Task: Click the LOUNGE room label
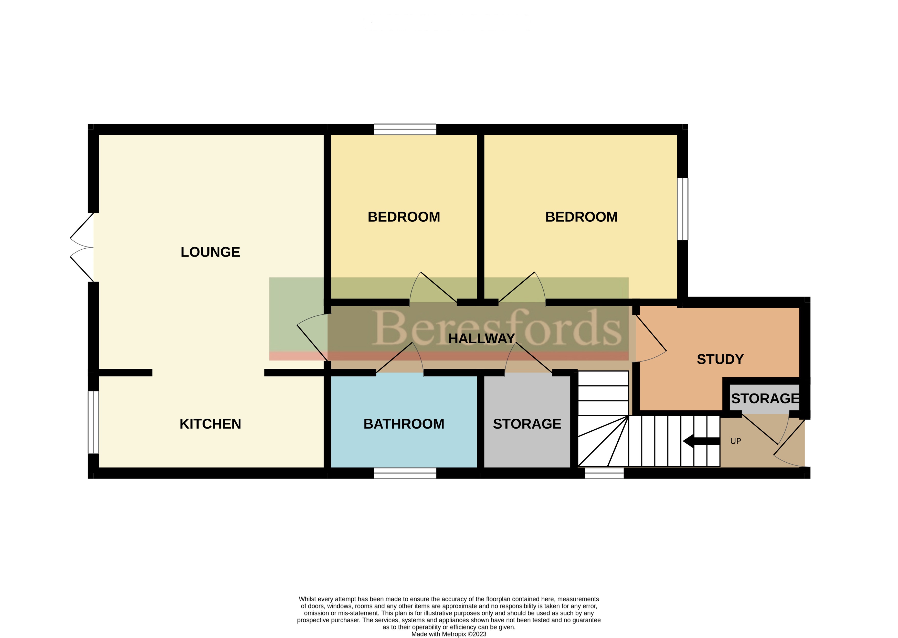click(210, 252)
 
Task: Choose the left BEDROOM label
click(404, 217)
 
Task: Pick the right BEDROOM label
click(581, 217)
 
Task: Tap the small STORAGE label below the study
click(765, 398)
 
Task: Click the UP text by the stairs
click(735, 441)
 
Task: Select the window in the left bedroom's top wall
click(405, 129)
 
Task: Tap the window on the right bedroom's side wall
click(683, 209)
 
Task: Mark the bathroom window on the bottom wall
click(405, 473)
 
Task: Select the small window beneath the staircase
click(604, 473)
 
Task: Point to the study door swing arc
click(652, 356)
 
